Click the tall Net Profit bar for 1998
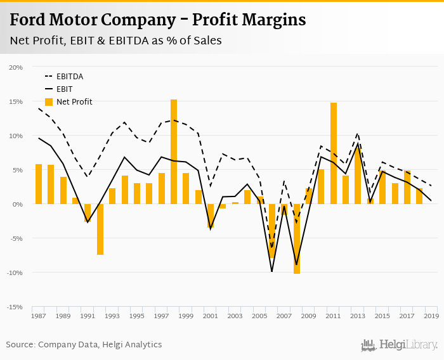coord(174,151)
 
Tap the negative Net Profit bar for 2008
coord(297,238)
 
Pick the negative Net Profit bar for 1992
coord(100,229)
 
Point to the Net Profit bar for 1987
coord(39,184)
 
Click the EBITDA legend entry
coord(69,77)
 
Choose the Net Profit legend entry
coord(74,102)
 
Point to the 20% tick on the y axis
coord(16,67)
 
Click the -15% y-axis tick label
coord(15,307)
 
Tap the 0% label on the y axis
coord(18,204)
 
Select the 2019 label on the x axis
coord(431,316)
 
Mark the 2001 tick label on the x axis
coord(211,316)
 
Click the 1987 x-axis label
coord(39,316)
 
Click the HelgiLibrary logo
coord(400,345)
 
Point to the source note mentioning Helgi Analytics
coord(84,345)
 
